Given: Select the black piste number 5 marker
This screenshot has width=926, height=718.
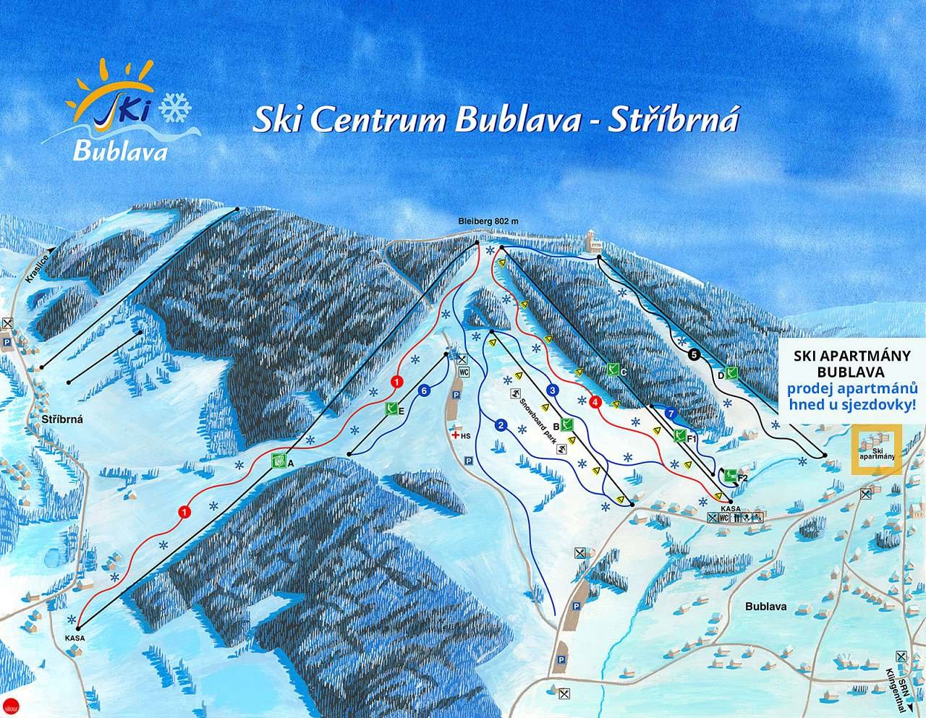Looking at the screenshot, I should pos(694,354).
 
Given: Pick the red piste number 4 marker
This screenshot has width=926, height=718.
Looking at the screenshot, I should pos(595,402).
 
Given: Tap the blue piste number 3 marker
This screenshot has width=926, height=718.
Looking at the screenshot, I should pos(553,390).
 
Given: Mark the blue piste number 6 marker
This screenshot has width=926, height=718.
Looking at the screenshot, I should pos(425,390).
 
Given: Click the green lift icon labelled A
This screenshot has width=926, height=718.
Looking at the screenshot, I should pos(277,460).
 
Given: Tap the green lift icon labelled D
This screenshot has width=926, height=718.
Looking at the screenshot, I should pos(732,373).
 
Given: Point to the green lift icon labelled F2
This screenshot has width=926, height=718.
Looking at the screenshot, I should pos(730,476).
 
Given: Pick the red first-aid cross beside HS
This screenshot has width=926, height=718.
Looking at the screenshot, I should pos(455,436).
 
